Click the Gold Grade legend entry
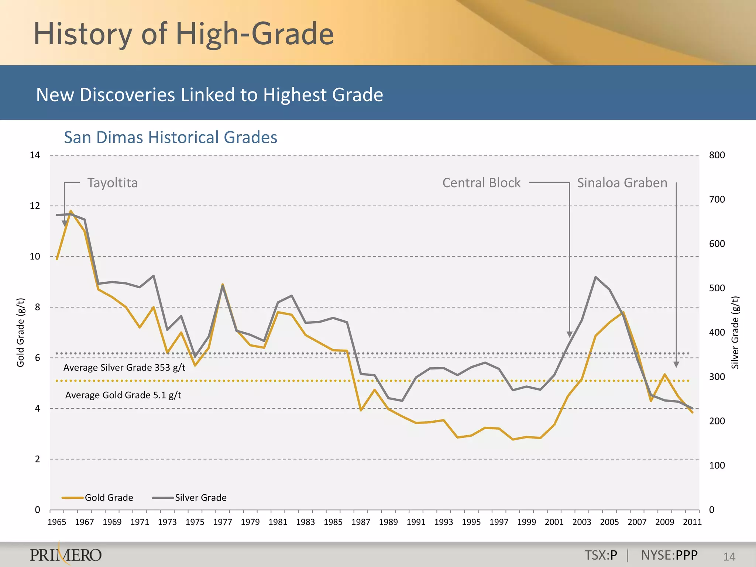click(98, 498)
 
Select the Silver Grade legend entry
click(190, 498)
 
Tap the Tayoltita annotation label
click(112, 183)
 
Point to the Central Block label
click(481, 183)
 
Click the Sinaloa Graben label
click(622, 183)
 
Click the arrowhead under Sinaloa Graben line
click(676, 365)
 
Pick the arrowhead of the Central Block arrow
click(570, 334)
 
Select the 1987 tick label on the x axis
click(361, 522)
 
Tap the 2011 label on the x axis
click(692, 522)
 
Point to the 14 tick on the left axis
click(35, 155)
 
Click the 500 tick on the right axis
click(717, 288)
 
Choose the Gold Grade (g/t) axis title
click(21, 332)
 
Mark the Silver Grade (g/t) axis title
click(735, 332)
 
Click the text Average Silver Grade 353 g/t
click(124, 367)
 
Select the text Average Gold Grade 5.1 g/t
click(123, 395)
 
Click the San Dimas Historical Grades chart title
click(171, 137)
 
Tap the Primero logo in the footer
click(66, 554)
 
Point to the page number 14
click(729, 557)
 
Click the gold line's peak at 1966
click(71, 211)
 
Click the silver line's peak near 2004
click(595, 277)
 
